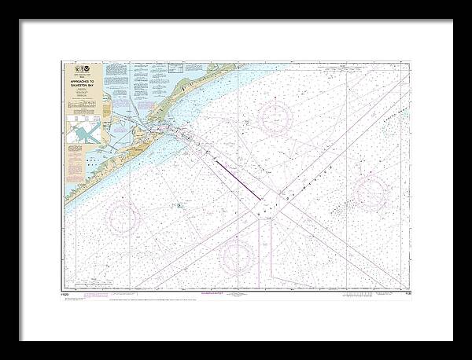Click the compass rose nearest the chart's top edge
click(275, 118)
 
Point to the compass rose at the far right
click(370, 193)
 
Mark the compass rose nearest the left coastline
click(123, 218)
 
